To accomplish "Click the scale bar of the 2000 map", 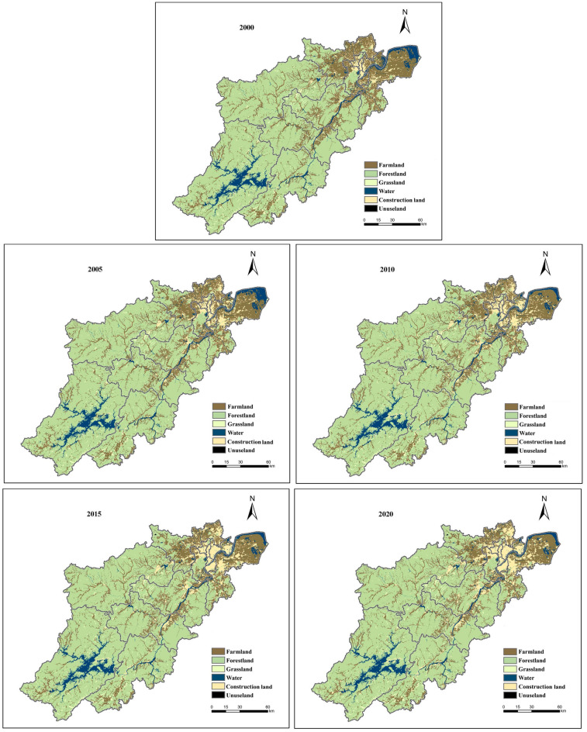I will coord(392,225).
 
